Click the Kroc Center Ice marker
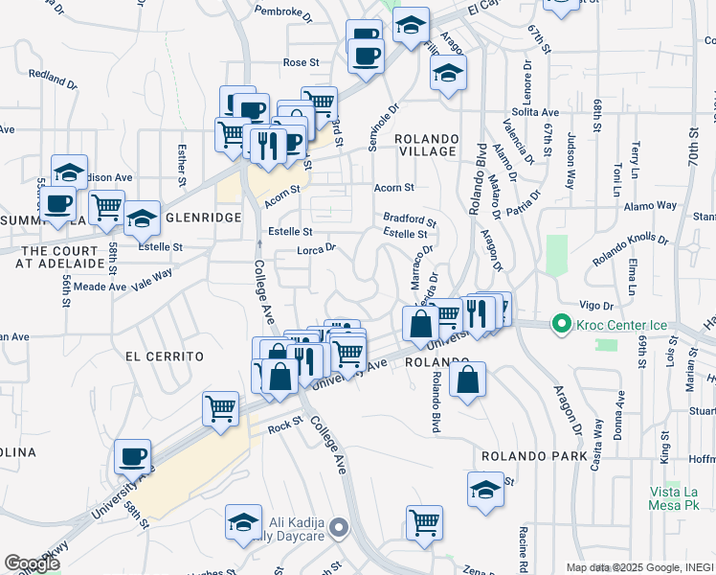click(562, 326)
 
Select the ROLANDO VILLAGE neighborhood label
click(426, 145)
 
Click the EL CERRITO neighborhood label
click(165, 356)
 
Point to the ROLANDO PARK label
click(534, 456)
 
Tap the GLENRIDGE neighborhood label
click(204, 218)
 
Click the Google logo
click(31, 563)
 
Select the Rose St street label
click(301, 62)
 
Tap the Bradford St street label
click(410, 218)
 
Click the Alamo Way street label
click(650, 206)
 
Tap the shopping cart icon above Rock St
click(221, 408)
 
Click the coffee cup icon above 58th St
click(132, 456)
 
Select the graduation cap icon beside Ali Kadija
click(244, 521)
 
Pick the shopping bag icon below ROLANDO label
click(466, 379)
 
